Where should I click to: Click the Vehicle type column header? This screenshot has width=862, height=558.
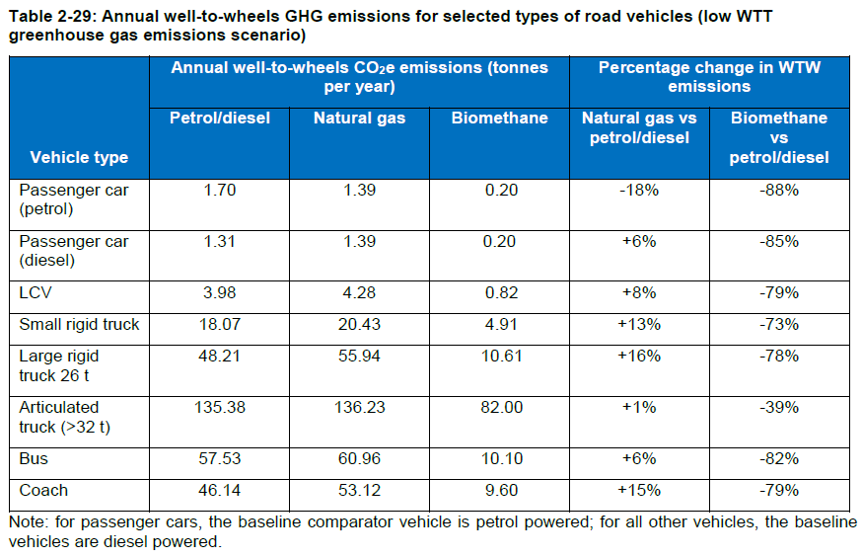(79, 157)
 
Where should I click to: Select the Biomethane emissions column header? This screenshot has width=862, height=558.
(499, 118)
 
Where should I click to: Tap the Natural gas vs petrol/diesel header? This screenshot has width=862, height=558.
(638, 127)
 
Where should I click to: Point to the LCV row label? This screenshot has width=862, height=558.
(36, 292)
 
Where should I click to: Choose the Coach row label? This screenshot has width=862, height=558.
(44, 490)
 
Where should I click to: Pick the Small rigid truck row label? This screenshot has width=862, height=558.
(80, 324)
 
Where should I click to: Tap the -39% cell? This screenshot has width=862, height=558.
(779, 407)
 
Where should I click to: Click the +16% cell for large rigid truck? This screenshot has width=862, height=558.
(638, 356)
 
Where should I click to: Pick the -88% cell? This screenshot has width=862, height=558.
(779, 190)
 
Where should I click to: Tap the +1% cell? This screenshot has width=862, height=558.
(638, 407)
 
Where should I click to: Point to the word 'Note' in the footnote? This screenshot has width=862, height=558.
(25, 522)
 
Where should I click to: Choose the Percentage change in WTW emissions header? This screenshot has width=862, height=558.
(709, 76)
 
